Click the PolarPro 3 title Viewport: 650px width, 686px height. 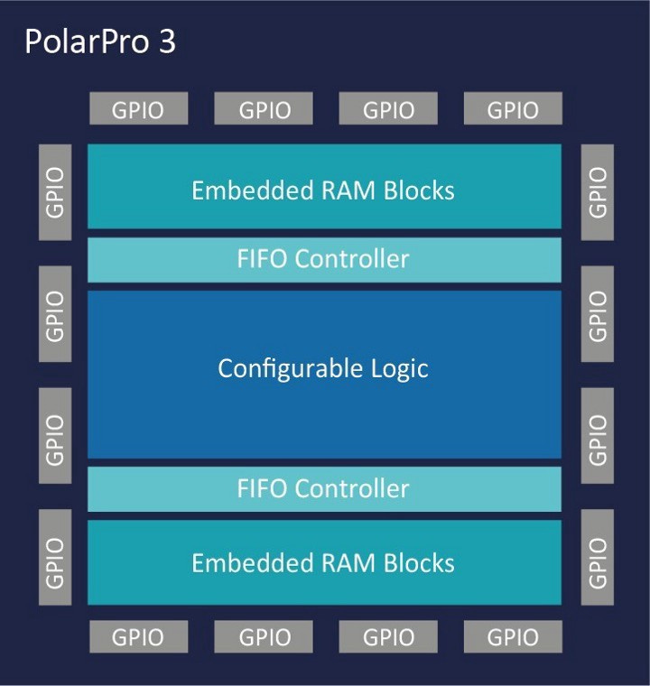point(99,42)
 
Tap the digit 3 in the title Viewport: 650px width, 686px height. point(167,42)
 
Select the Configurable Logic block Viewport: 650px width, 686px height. point(323,369)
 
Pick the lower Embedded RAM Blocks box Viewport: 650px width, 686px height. point(323,563)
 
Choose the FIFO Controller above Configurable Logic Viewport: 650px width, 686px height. point(323,259)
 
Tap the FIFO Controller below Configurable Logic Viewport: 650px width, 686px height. point(323,488)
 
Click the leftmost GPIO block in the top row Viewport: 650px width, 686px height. point(138,109)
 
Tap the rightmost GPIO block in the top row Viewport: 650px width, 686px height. point(513,109)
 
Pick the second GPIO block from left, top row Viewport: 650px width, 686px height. point(264,109)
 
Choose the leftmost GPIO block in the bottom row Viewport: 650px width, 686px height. point(138,636)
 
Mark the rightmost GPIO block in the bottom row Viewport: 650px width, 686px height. point(513,636)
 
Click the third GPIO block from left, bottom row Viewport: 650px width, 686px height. point(388,636)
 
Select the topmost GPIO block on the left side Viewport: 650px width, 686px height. point(55,191)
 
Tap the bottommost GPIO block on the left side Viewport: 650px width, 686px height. point(55,561)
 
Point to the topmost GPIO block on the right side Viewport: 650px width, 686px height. point(598,191)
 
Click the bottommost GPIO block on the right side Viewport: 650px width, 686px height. point(598,561)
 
